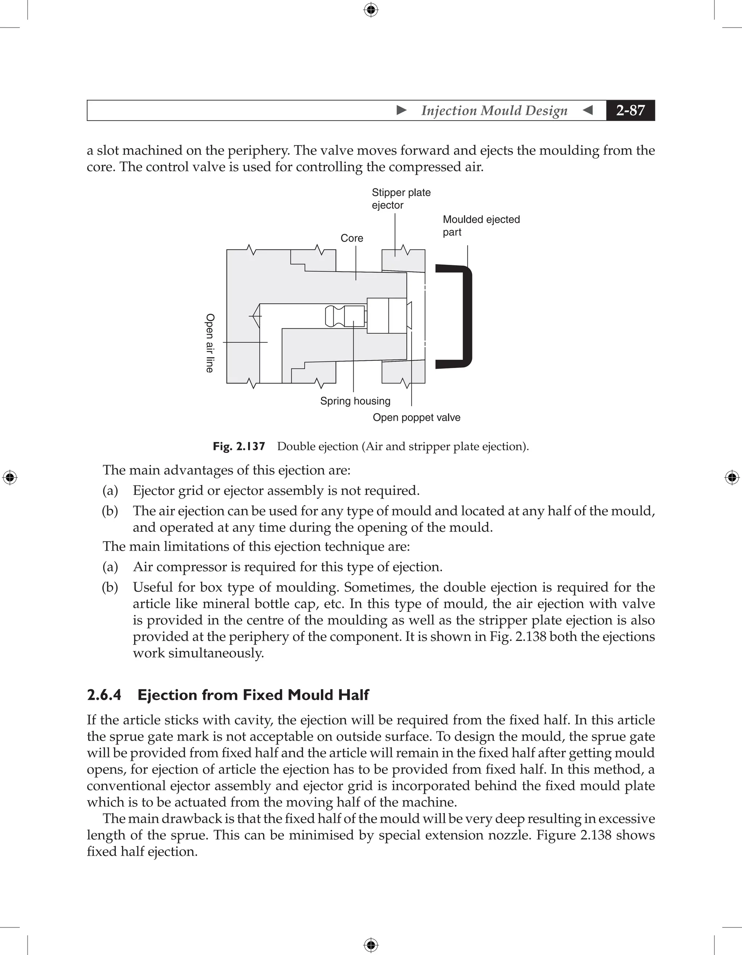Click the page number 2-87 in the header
(630, 110)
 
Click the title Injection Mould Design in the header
(494, 110)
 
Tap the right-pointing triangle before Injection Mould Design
(401, 110)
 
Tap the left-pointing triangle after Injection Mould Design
(588, 110)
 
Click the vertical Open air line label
(210, 343)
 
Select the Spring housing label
(355, 401)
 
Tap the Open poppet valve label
(416, 418)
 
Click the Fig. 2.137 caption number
(239, 446)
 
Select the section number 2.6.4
(104, 695)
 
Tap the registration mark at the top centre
(371, 10)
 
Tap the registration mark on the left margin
(10, 477)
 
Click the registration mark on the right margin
(732, 477)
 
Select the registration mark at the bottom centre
(371, 945)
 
